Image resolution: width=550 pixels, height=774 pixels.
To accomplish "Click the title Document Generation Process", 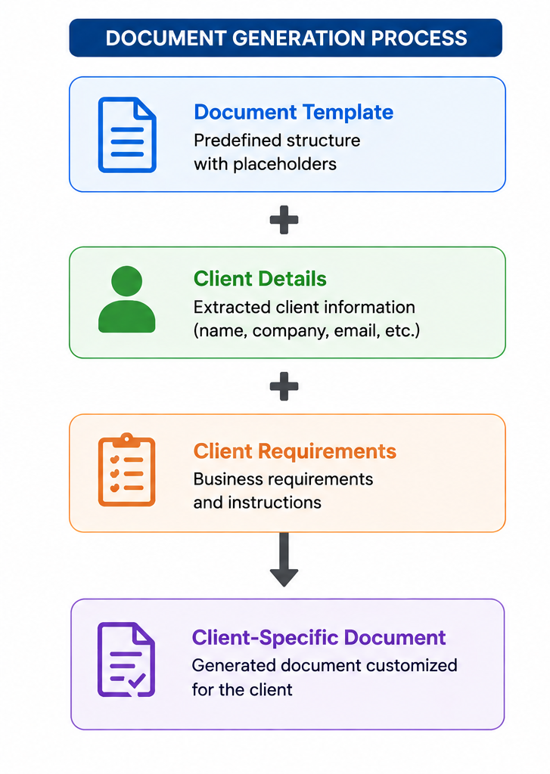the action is (286, 38).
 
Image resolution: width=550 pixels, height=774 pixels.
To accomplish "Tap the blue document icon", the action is (127, 135).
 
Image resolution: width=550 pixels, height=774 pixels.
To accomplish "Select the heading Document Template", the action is (294, 112).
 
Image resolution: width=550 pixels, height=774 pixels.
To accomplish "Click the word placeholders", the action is (284, 164).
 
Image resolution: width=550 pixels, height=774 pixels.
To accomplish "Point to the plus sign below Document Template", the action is (284, 220).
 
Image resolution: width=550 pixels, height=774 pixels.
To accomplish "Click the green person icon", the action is (127, 299).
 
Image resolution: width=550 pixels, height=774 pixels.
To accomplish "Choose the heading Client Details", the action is (260, 278).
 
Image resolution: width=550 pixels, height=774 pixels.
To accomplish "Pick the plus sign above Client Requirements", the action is (284, 386).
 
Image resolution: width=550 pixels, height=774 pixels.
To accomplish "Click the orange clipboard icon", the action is (127, 470).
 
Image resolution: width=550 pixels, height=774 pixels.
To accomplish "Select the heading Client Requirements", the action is (295, 451).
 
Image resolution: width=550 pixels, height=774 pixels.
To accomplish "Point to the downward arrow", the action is (284, 559).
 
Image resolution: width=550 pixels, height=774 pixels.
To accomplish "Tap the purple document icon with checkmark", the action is (126, 659).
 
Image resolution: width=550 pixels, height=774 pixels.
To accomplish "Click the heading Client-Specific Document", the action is (319, 637).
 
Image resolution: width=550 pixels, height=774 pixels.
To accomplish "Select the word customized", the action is (412, 665).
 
